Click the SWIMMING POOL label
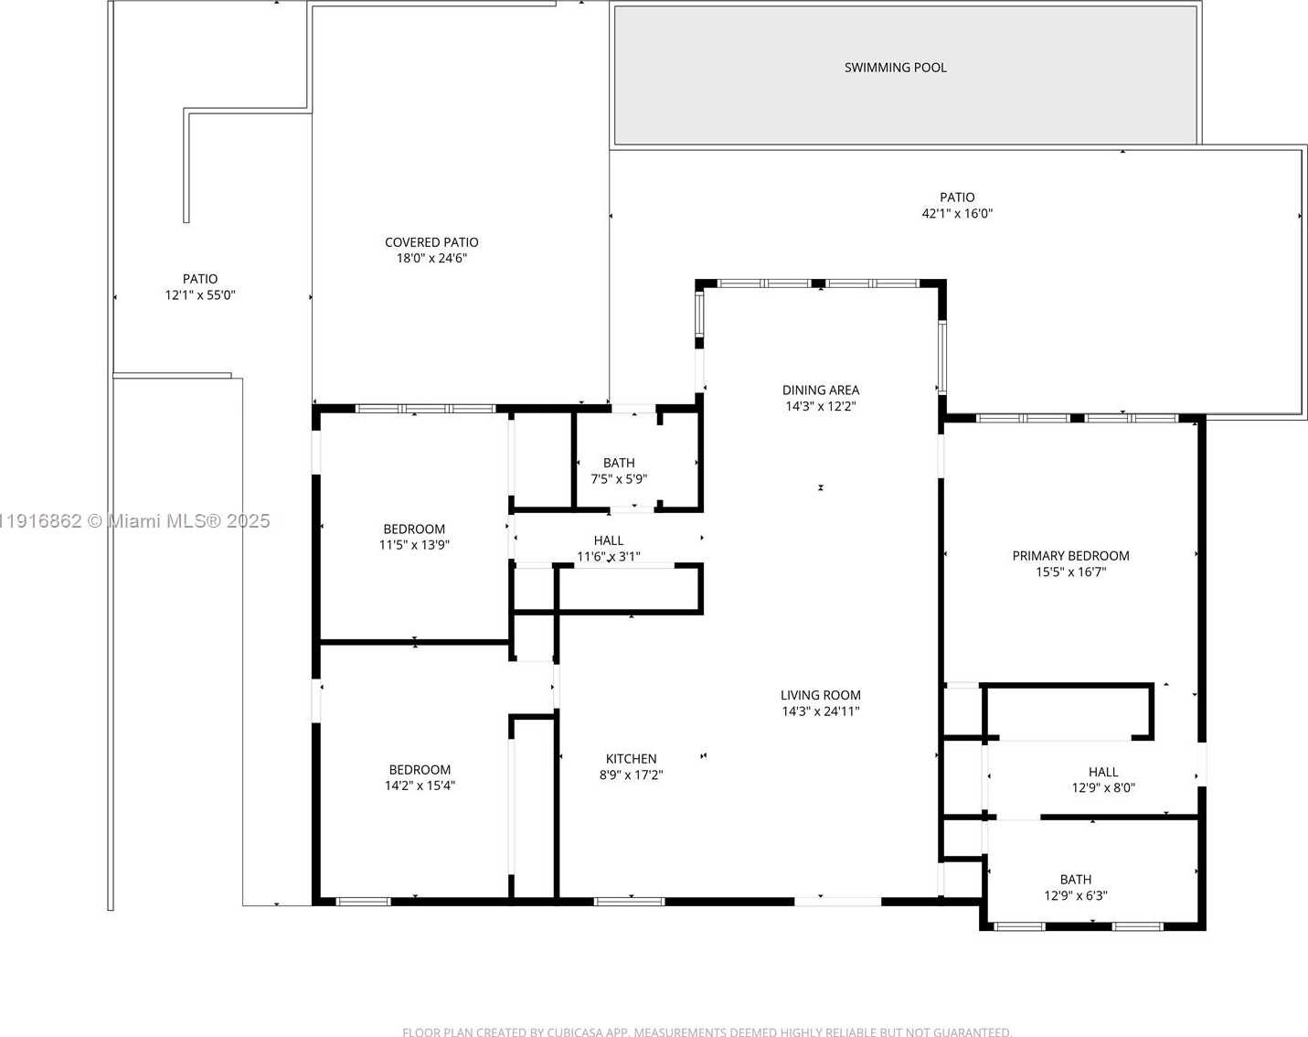tap(895, 68)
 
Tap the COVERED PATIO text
tap(431, 242)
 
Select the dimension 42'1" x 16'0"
tap(957, 214)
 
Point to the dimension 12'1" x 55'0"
tap(200, 295)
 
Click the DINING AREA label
tap(820, 390)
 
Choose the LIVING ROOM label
tap(820, 695)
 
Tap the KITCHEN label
tap(631, 759)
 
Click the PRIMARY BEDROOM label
tap(1070, 556)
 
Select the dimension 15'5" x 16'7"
tap(1070, 572)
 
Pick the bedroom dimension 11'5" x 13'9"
tap(414, 545)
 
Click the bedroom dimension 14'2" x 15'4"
tap(420, 786)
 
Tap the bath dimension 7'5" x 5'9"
tap(619, 479)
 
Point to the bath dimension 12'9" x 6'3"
tap(1075, 896)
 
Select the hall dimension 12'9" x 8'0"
tap(1103, 788)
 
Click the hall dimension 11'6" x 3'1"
tap(609, 557)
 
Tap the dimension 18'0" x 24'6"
tap(431, 259)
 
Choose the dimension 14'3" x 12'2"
tap(820, 407)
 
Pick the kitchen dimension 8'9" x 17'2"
tap(631, 775)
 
